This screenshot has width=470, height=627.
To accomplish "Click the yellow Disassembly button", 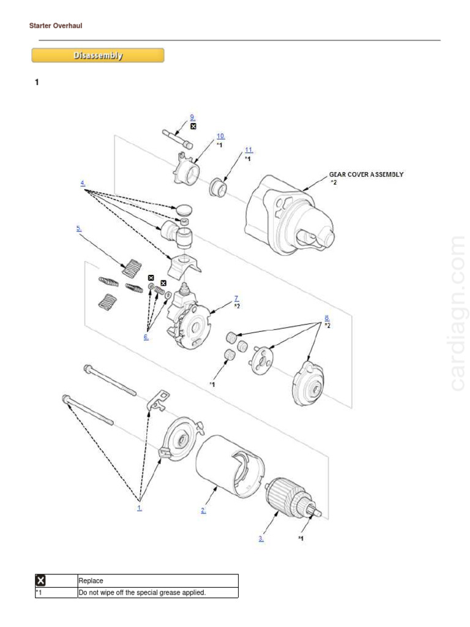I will (x=98, y=56).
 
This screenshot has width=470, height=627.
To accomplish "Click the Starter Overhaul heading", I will (x=56, y=26).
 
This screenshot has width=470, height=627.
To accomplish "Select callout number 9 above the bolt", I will (x=192, y=117).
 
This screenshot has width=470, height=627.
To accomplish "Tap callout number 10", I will (x=220, y=136).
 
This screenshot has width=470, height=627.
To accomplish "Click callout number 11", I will (x=248, y=150).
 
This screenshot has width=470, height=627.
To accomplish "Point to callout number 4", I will (x=82, y=183).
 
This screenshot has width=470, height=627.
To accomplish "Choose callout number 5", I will (x=78, y=228).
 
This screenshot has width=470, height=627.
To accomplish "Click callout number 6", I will (x=146, y=337).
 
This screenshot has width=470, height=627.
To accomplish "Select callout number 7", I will (x=236, y=298).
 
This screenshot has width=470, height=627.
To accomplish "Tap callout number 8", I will (x=327, y=318).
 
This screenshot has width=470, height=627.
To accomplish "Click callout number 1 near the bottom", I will (x=140, y=508).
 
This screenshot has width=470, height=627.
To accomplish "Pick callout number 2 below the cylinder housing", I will (x=203, y=510).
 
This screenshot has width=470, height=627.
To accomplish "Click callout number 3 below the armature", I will (x=261, y=538).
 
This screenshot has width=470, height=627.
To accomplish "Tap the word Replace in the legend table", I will (x=91, y=580).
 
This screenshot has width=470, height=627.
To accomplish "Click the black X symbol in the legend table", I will (x=41, y=580).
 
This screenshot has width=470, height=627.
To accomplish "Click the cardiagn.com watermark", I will (x=457, y=312).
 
